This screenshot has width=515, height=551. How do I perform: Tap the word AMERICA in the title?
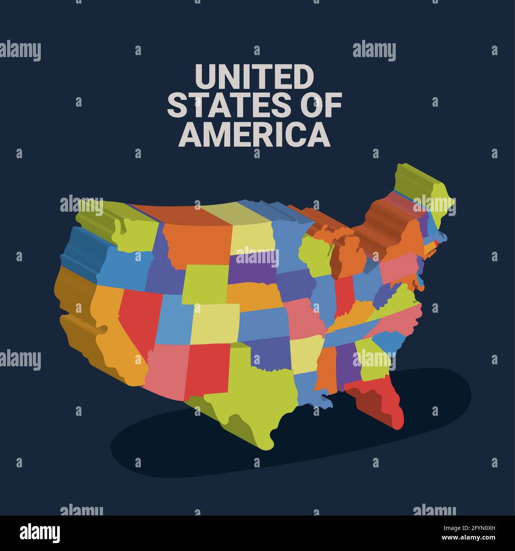pos(254,134)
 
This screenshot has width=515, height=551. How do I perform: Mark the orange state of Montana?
pos(198,242)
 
